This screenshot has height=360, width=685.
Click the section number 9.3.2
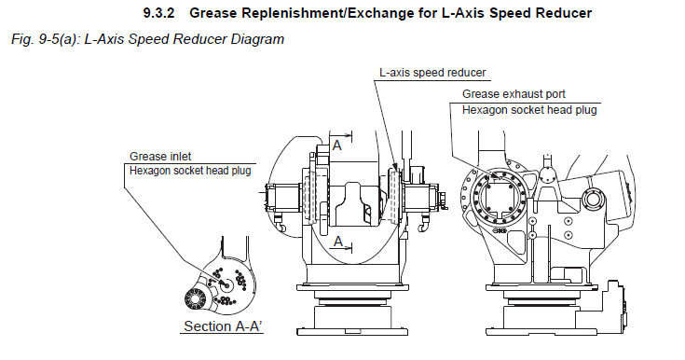(158, 13)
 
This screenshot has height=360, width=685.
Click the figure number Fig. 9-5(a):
(46, 39)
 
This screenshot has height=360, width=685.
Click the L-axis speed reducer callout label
(432, 73)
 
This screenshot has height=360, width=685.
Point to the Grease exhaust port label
(514, 94)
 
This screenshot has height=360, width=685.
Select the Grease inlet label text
(160, 156)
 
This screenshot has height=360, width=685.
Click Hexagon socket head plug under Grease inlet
(190, 171)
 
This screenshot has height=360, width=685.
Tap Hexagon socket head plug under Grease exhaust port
(529, 110)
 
